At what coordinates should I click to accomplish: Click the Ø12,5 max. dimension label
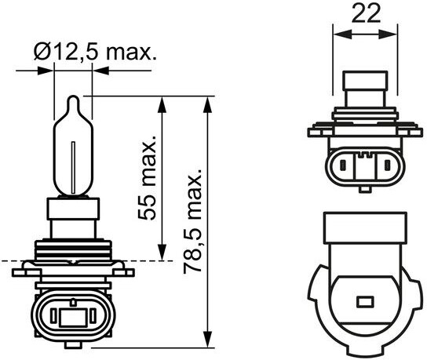(x=95, y=53)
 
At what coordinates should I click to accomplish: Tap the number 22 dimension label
(x=366, y=13)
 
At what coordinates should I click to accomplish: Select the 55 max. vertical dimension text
(x=146, y=177)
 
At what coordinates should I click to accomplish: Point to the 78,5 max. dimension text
(x=192, y=221)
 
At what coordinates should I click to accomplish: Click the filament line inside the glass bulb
(x=73, y=168)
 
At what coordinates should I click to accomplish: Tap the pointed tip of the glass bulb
(x=74, y=96)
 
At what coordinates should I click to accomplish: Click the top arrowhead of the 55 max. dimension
(x=162, y=104)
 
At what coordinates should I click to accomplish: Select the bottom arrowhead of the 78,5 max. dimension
(x=208, y=340)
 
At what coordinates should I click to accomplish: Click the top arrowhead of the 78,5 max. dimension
(x=208, y=104)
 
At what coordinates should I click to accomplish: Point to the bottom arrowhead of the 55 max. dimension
(x=162, y=253)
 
